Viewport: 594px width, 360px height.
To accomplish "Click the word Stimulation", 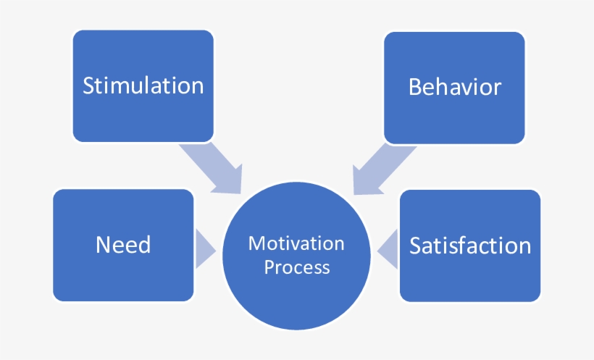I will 143,85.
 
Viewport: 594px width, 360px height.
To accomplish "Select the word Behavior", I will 454,87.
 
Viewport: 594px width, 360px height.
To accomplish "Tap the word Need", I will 123,245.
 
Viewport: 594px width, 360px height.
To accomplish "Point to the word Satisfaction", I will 470,245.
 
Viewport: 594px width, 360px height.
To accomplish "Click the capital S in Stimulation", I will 89,85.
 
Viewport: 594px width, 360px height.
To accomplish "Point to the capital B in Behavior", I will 415,87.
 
